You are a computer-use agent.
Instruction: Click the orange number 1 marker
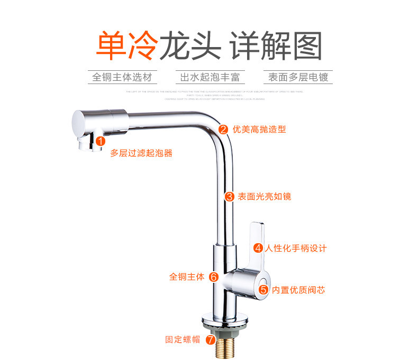(x=99, y=141)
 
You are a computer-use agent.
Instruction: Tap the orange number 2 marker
(x=223, y=129)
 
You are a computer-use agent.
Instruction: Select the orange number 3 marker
(x=230, y=197)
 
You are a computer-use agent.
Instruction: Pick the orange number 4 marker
(x=258, y=248)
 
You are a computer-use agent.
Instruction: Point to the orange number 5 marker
(x=263, y=290)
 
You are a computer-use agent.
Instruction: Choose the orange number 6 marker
(x=213, y=276)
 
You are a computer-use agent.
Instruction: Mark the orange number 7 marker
(x=210, y=339)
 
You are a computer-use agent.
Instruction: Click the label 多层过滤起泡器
(x=141, y=153)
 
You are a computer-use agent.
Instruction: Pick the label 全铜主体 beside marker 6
(x=187, y=276)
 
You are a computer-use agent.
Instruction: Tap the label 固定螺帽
(x=183, y=339)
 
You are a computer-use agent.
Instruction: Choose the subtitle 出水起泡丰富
(x=210, y=77)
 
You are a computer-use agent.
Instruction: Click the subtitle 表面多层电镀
(x=298, y=77)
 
